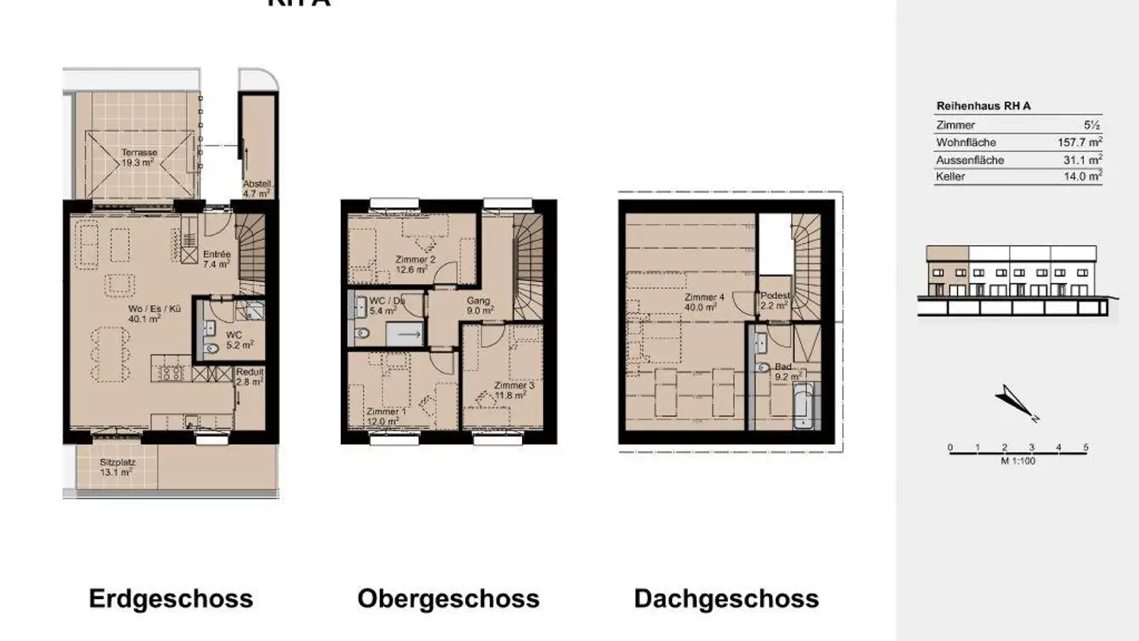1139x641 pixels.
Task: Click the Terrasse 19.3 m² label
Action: (x=138, y=157)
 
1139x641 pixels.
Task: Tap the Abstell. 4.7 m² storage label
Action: (x=256, y=187)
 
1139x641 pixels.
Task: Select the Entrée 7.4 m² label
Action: (x=217, y=260)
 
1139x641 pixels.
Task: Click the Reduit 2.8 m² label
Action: (x=250, y=377)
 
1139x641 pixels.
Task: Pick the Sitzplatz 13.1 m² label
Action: (x=116, y=467)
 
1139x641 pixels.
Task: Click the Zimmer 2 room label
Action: (x=416, y=264)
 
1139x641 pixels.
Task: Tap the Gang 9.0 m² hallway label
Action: (x=479, y=305)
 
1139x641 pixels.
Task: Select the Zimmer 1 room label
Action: (x=387, y=416)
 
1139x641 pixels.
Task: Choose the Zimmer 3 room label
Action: (x=514, y=390)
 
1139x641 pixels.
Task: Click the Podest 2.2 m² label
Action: (x=774, y=300)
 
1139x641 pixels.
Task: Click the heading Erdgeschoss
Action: (x=171, y=598)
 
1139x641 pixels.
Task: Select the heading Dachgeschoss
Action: (x=726, y=598)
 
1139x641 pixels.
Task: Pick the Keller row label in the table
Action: (x=950, y=177)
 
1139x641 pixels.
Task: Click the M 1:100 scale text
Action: (x=1018, y=461)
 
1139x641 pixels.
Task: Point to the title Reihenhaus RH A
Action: (x=983, y=106)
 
